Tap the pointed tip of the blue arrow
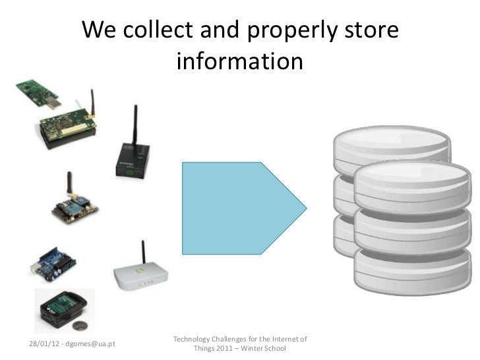(x=305, y=207)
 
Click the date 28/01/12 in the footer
(x=43, y=343)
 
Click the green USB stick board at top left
(x=39, y=92)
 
